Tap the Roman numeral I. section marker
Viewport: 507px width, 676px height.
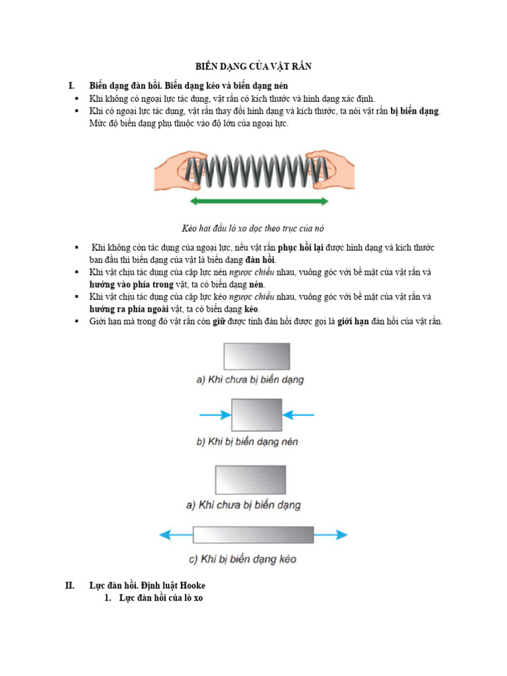(71, 86)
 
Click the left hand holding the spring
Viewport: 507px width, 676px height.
(171, 169)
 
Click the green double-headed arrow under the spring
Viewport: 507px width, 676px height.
(258, 201)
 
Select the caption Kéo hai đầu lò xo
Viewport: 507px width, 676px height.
(253, 228)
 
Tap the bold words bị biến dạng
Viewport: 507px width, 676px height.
(415, 111)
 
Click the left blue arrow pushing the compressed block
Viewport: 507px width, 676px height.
(215, 415)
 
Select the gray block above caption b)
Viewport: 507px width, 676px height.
(256, 415)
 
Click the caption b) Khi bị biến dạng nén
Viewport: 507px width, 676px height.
(247, 442)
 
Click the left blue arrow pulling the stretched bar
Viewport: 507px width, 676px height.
(175, 534)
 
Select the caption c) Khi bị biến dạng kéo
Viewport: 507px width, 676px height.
(242, 559)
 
